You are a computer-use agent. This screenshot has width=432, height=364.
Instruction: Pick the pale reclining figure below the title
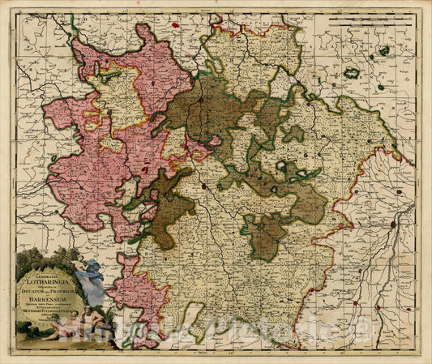[62, 330]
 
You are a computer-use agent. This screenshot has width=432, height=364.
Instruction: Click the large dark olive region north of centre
[199, 109]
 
